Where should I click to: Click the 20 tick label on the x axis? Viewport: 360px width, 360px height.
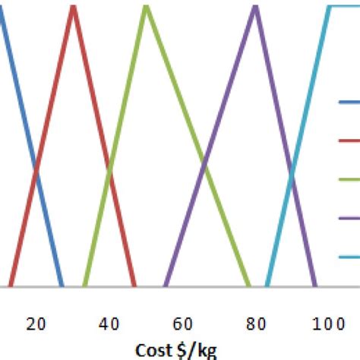pos(36,324)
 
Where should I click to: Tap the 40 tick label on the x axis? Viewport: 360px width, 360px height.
pos(109,324)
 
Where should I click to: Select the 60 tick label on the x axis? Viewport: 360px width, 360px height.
pos(182,324)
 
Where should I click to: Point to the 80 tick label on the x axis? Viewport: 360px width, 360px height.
pos(254,324)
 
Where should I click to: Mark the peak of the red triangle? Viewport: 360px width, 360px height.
pos(73,8)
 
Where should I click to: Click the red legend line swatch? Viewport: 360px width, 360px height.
pos(349,141)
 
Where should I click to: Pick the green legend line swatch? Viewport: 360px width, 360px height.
pos(349,179)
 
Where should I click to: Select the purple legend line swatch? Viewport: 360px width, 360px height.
pos(349,218)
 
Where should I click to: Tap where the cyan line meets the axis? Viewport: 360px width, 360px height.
pos(267,287)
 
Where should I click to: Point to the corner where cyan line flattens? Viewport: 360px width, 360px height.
pos(329,6)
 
